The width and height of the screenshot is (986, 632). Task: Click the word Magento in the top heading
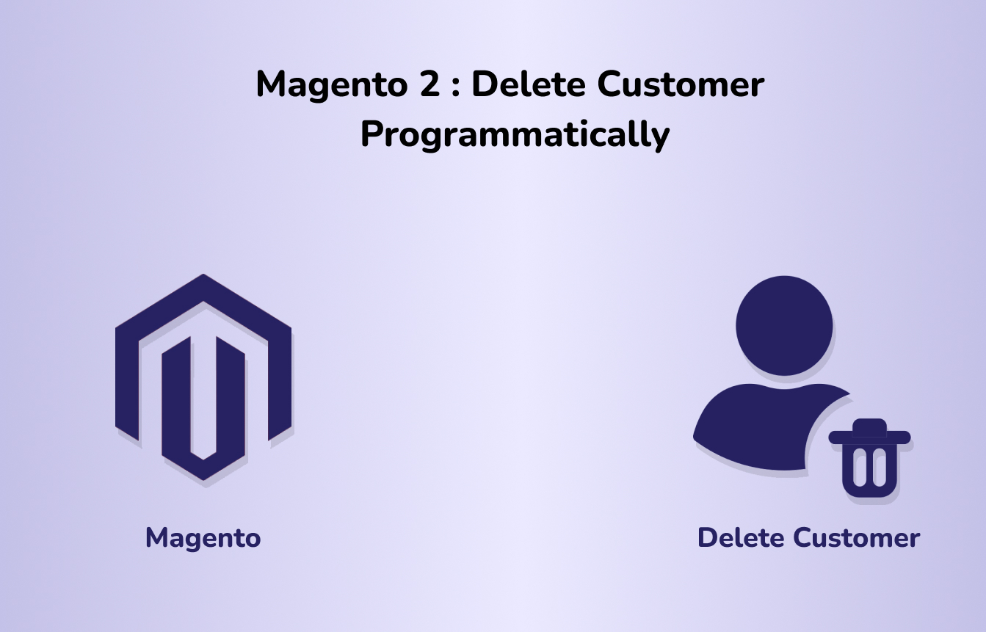332,85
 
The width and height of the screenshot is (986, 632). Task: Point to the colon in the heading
456,87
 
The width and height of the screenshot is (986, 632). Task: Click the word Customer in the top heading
681,84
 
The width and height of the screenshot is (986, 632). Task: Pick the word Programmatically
515,134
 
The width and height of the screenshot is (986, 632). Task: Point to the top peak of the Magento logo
203,275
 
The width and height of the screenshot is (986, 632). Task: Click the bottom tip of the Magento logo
203,479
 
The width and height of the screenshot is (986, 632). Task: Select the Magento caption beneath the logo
203,539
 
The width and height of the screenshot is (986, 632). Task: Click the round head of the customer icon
784,326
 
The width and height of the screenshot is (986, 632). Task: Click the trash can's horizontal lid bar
869,437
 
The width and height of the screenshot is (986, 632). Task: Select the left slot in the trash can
860,468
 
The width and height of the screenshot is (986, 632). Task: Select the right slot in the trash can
880,468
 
